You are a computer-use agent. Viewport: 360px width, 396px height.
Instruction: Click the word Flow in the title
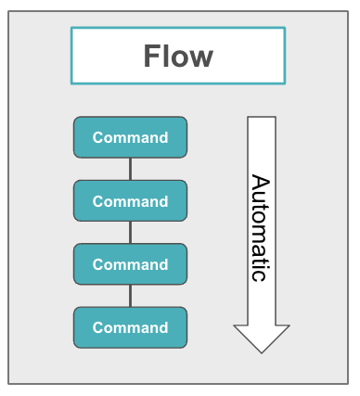(x=178, y=57)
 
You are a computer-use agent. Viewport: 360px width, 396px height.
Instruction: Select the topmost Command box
(x=130, y=137)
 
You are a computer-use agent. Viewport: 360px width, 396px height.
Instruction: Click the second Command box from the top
(x=130, y=200)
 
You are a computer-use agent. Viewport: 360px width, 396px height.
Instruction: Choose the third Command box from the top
(x=130, y=263)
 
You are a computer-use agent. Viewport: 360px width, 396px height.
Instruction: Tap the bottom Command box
(x=130, y=326)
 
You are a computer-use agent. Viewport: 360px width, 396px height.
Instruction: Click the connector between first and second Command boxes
(x=130, y=169)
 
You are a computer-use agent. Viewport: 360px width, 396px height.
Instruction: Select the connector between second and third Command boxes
(x=130, y=232)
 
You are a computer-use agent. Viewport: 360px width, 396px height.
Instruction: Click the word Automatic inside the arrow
(x=261, y=227)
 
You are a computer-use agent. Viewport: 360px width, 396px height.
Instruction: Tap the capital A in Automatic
(x=261, y=182)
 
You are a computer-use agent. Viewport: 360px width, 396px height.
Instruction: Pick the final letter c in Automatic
(x=260, y=276)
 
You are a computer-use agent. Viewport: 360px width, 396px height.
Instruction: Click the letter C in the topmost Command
(x=97, y=137)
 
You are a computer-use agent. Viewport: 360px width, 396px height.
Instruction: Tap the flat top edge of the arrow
(x=261, y=118)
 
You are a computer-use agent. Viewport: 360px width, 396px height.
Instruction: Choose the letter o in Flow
(x=181, y=59)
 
